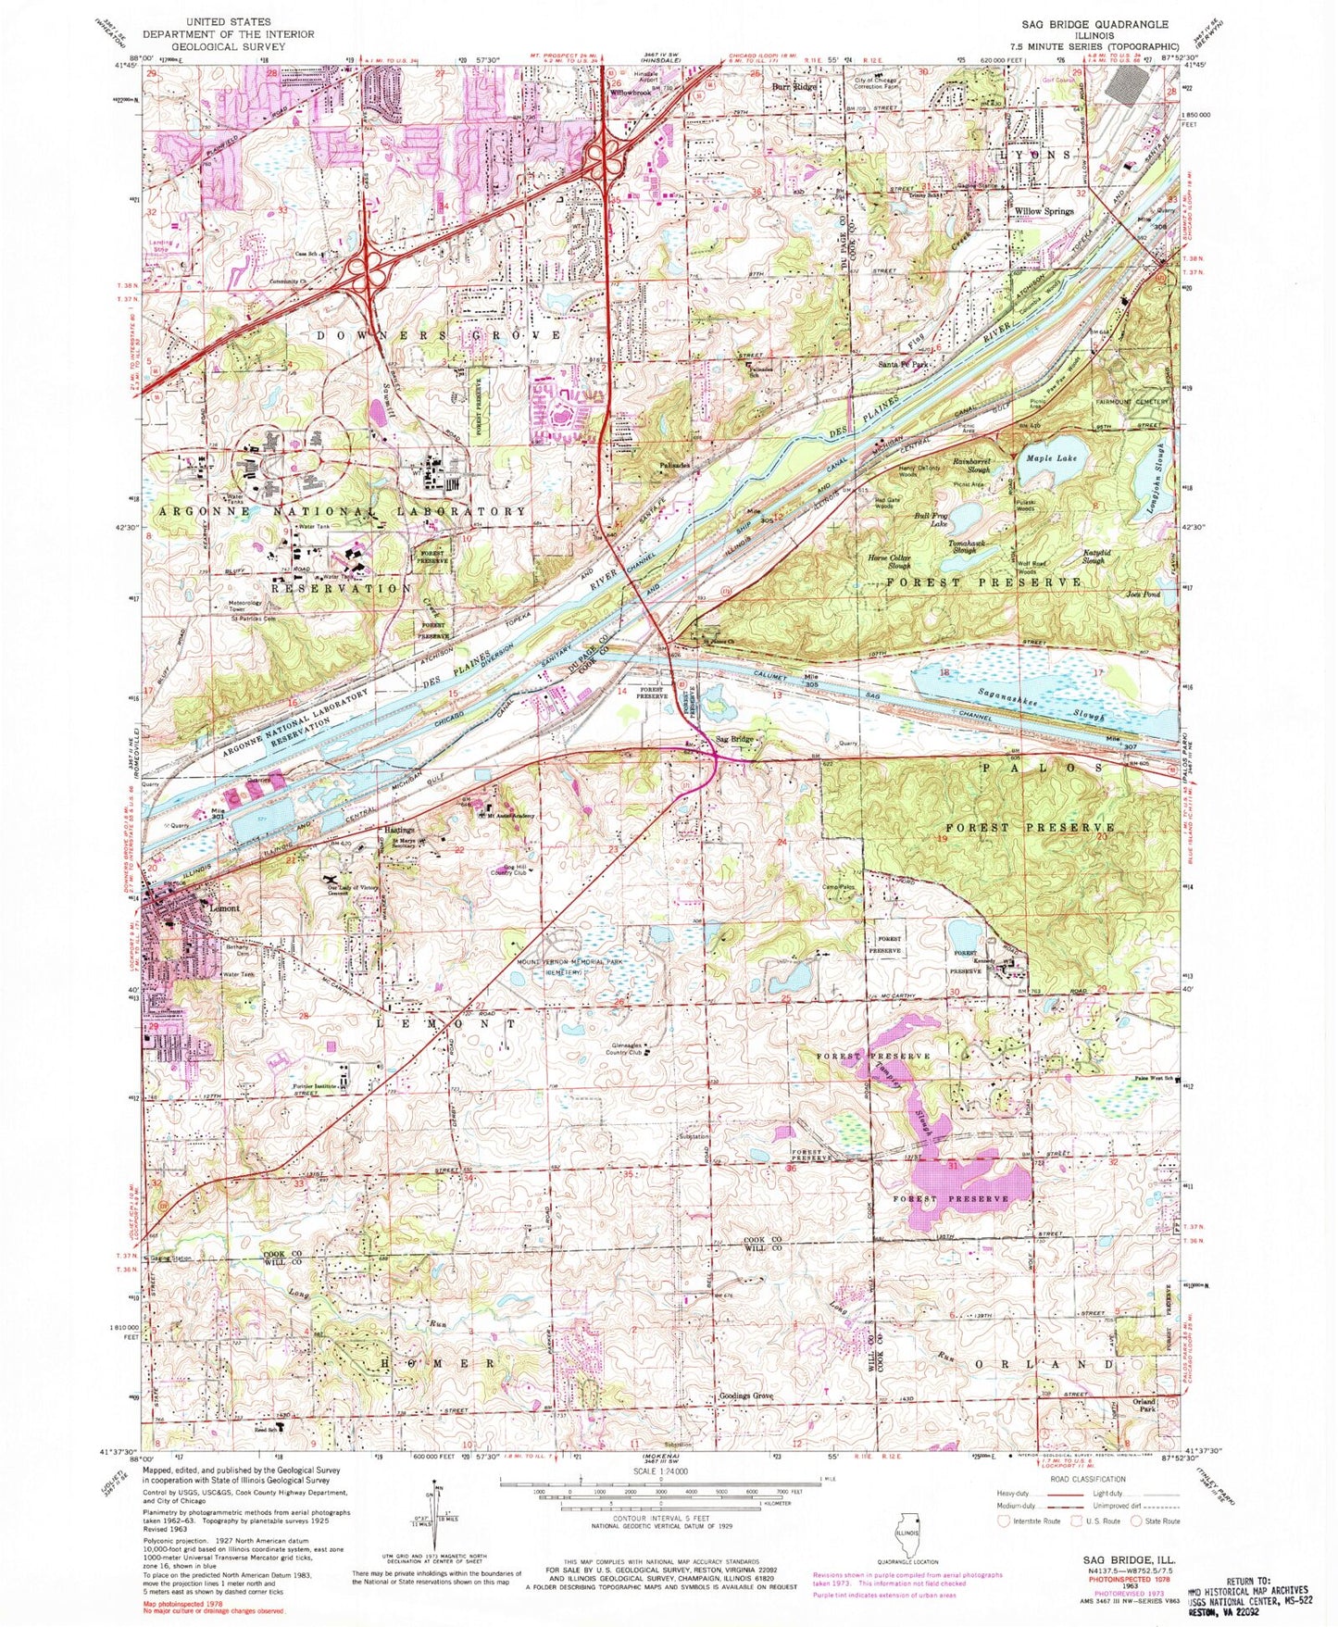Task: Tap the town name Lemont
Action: coord(224,908)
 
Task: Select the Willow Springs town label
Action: coord(1044,211)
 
